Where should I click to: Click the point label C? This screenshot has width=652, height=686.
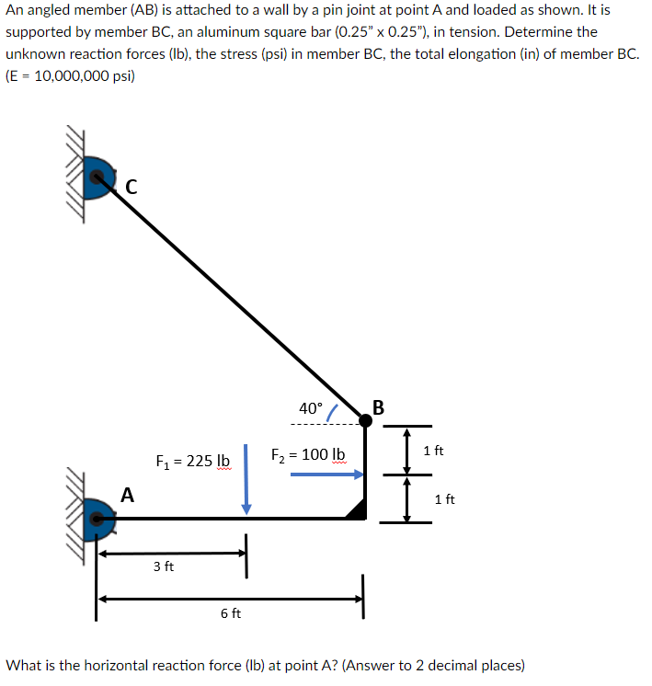tap(131, 188)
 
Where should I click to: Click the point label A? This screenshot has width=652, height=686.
tap(127, 496)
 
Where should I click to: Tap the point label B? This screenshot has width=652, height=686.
tap(379, 407)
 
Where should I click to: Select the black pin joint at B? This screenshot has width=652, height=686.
tap(365, 419)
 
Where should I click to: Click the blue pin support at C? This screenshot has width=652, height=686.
tap(97, 177)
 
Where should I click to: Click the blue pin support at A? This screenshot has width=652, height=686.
tap(97, 519)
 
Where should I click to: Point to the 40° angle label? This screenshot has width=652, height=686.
tap(311, 408)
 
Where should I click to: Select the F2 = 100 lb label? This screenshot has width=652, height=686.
tap(308, 454)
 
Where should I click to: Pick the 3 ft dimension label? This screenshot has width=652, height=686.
tap(164, 566)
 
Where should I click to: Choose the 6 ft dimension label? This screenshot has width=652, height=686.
tap(231, 613)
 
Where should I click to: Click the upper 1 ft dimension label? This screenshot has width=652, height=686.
tap(434, 451)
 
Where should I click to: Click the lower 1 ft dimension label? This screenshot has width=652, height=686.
tap(444, 499)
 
